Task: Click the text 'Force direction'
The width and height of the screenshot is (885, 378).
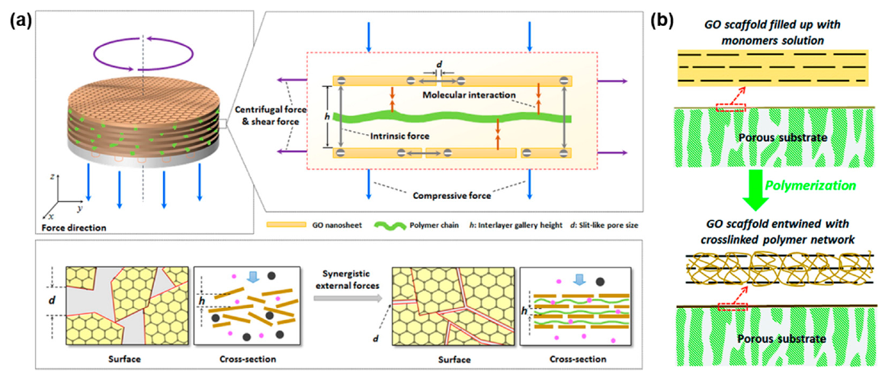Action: (x=66, y=226)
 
